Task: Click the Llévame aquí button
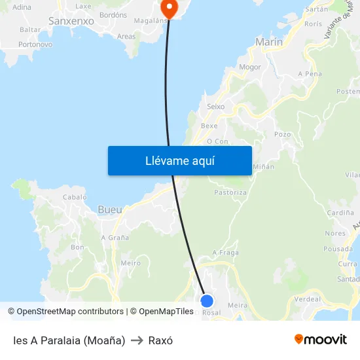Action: tap(179, 160)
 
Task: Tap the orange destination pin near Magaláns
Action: tap(169, 9)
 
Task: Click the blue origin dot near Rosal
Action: tap(207, 300)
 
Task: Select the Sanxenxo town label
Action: tap(71, 21)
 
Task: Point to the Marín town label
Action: tap(269, 42)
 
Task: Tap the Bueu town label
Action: tap(109, 209)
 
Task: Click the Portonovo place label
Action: tap(35, 45)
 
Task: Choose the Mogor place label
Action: tap(250, 67)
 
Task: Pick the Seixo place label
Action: tap(215, 106)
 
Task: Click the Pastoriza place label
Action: tap(230, 192)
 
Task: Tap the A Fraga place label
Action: tap(225, 253)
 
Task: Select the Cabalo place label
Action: tap(74, 196)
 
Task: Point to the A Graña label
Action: tap(115, 238)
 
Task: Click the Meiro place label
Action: tap(131, 263)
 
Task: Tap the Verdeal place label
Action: tap(308, 298)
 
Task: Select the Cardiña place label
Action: tap(340, 213)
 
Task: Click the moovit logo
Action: tap(321, 339)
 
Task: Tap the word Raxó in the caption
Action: tap(160, 340)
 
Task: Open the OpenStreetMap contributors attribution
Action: tap(69, 312)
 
